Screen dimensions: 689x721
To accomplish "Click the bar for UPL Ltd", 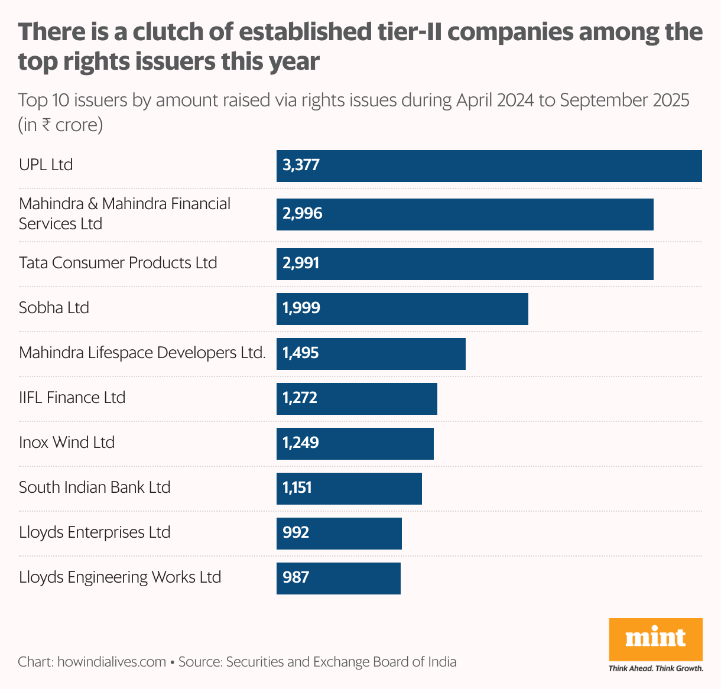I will click(489, 166).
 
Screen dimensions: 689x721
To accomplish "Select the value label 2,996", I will click(302, 214).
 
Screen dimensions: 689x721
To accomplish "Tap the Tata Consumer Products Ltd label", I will click(118, 263).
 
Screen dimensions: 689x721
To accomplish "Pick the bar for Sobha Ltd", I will click(402, 308).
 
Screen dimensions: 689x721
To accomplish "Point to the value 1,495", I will click(300, 353).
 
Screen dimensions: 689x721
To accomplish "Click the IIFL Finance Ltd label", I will click(72, 398).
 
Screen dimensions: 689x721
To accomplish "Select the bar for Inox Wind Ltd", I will click(355, 444).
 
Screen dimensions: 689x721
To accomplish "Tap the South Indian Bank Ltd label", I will click(95, 487).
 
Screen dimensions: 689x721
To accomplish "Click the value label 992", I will click(295, 533).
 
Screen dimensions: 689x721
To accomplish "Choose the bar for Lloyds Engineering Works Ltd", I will click(338, 578).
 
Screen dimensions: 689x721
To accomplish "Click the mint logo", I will click(655, 639).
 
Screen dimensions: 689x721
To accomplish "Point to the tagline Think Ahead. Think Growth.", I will click(655, 669).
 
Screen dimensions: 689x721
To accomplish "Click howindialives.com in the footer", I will click(112, 662).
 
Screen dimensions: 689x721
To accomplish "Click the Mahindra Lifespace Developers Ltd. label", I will click(142, 353).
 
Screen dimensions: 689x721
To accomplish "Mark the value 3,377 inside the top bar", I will click(301, 165).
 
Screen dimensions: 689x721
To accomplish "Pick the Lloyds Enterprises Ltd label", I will click(95, 532).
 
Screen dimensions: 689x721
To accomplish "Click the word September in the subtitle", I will click(603, 100).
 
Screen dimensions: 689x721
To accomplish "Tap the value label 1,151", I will click(297, 488).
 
